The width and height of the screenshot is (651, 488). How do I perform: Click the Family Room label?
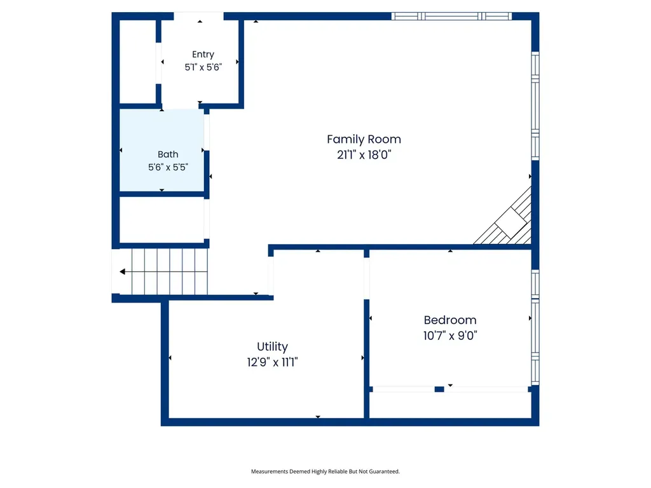click(x=364, y=139)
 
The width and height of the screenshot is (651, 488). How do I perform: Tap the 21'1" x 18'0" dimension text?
click(x=364, y=155)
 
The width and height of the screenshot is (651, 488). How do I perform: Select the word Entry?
click(x=203, y=55)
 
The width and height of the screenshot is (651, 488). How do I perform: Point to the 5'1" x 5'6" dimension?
click(x=203, y=67)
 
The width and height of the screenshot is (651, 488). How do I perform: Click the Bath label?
click(x=168, y=154)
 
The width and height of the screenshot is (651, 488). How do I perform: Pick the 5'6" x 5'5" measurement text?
click(x=168, y=167)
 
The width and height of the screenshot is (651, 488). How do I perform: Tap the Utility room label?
click(x=272, y=347)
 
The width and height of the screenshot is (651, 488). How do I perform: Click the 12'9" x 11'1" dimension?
click(x=272, y=362)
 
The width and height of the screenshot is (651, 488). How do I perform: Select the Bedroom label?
click(x=450, y=320)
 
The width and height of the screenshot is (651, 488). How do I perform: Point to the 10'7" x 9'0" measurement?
click(x=450, y=335)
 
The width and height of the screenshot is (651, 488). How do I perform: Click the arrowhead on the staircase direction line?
click(x=123, y=272)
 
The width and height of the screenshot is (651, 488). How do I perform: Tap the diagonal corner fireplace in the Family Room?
click(x=508, y=219)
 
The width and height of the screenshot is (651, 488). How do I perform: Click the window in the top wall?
click(x=452, y=16)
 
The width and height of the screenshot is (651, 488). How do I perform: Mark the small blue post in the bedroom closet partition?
click(x=439, y=390)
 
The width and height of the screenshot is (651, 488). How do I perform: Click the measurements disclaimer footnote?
click(x=325, y=471)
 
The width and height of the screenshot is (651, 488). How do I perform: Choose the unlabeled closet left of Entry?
click(x=138, y=62)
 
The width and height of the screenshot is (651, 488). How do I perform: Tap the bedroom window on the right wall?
click(x=535, y=327)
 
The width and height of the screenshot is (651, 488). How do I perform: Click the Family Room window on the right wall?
click(x=535, y=106)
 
